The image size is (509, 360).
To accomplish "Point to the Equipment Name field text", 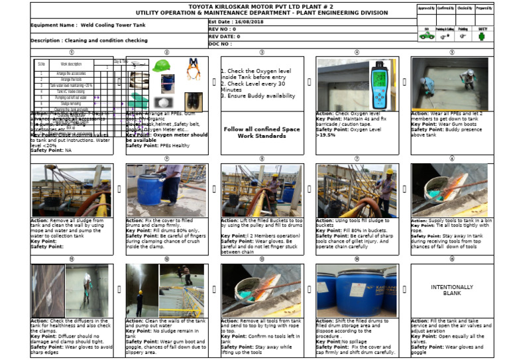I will click(x=72, y=25).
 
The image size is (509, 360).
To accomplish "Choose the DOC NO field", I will click(x=221, y=44).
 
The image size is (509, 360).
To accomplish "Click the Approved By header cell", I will click(x=426, y=8).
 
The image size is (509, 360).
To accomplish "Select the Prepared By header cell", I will click(x=484, y=8).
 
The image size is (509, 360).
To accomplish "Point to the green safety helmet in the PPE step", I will click(x=161, y=66).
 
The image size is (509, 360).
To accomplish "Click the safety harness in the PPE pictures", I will click(x=193, y=69).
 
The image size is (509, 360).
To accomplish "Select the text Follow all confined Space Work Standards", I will click(x=262, y=132).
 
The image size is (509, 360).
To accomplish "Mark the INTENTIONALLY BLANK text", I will click(x=451, y=290).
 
